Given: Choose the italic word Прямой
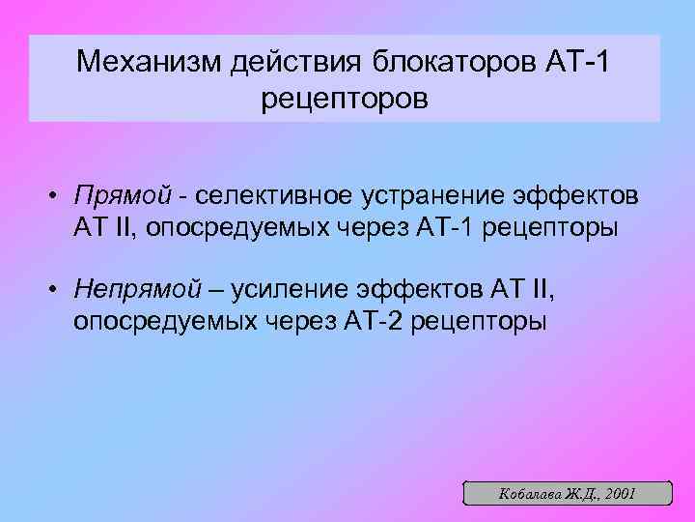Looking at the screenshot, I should (113, 196).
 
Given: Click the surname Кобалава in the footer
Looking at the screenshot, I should (528, 493).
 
